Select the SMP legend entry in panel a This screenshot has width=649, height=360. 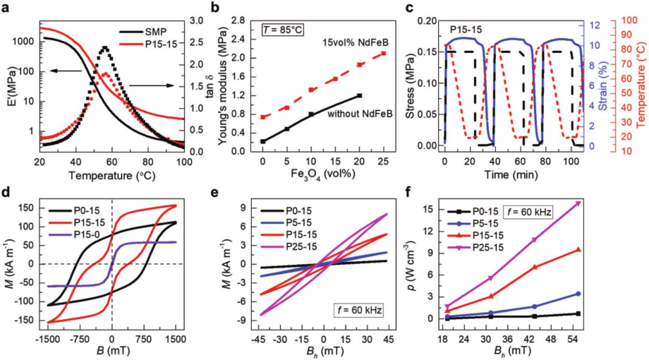(154, 32)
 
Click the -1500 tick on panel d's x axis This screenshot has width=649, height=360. (47, 331)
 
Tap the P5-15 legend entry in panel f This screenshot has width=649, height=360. (492, 224)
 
